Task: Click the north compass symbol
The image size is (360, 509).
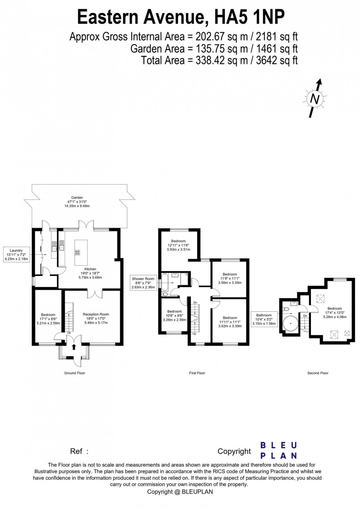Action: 314,99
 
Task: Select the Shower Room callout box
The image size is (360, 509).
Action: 143,283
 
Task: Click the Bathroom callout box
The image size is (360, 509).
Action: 264,319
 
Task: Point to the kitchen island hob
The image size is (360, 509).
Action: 77,252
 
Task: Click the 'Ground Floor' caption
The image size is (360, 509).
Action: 74,373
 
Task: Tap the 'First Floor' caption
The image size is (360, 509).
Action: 197,373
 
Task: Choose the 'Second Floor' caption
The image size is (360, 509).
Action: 318,373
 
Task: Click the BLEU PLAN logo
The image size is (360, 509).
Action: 278,450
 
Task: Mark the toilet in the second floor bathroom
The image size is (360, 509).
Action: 286,309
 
